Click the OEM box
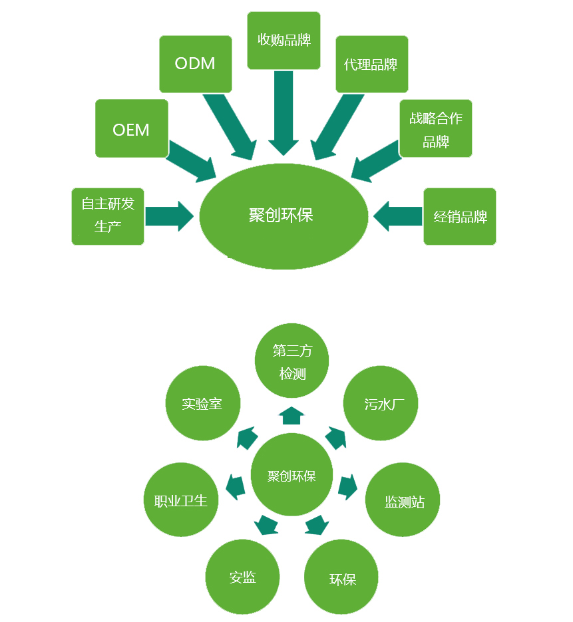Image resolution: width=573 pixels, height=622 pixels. coord(131,128)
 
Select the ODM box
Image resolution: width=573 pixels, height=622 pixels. coord(195,64)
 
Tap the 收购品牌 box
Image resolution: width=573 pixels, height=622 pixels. coord(283,40)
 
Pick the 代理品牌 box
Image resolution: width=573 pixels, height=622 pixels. coord(371,64)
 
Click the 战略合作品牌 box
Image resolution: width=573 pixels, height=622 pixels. coord(435,128)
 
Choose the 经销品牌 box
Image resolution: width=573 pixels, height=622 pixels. coord(460,216)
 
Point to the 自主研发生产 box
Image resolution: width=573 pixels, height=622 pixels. coord(108,216)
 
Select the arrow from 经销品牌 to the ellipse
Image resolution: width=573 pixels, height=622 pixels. coord(398,216)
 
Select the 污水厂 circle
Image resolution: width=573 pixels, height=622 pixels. coord(381,403)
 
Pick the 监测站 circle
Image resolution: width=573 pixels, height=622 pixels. coord(403,500)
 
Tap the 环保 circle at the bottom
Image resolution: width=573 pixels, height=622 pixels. coord(342,577)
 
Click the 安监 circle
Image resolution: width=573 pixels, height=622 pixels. coord(242,577)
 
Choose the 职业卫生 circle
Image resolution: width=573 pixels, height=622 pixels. coord(181,500)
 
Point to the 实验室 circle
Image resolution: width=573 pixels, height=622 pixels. coord(202,403)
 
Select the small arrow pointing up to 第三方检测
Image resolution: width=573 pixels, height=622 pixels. coord(291,416)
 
